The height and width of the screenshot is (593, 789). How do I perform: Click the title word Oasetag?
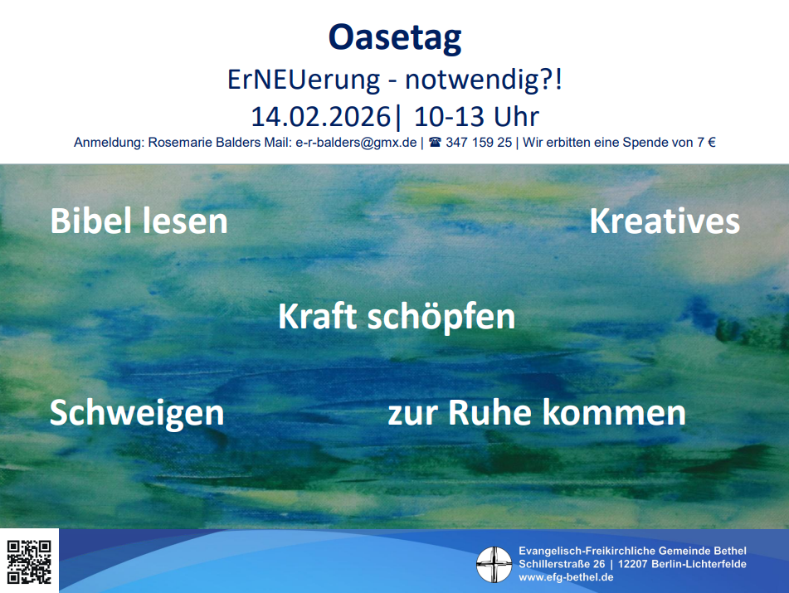coord(395,38)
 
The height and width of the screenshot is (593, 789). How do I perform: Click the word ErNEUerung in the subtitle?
coord(304,80)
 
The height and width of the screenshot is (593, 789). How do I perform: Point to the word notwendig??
coord(484,80)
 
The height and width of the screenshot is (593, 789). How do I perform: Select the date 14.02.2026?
coord(320,117)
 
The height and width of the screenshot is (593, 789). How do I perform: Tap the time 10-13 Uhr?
coord(476,117)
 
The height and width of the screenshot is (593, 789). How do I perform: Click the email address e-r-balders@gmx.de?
coord(356,143)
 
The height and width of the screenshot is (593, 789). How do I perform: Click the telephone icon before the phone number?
coord(435,143)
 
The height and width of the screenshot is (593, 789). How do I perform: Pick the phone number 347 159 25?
coord(479,143)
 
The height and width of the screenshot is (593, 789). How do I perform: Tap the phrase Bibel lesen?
coord(139,221)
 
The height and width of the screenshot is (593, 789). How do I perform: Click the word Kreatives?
coord(665,221)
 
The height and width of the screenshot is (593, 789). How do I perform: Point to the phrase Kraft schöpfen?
coord(397,318)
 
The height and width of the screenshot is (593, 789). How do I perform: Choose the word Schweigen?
coord(137,413)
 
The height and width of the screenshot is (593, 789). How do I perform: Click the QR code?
coord(29,561)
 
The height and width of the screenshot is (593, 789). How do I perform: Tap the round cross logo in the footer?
coord(494,564)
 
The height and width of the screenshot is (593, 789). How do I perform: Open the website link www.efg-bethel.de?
coord(566,577)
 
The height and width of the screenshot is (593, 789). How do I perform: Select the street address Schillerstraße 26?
coord(562,564)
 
